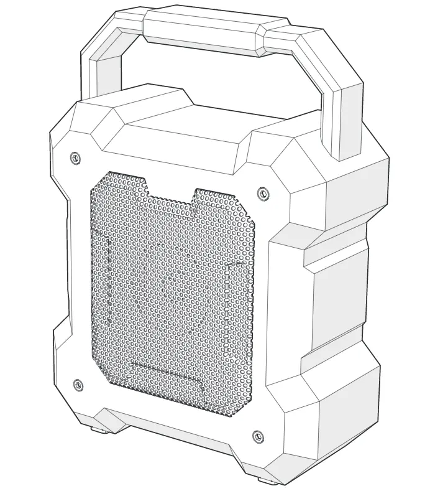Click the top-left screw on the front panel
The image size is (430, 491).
75,157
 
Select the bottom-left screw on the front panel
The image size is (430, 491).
78,384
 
